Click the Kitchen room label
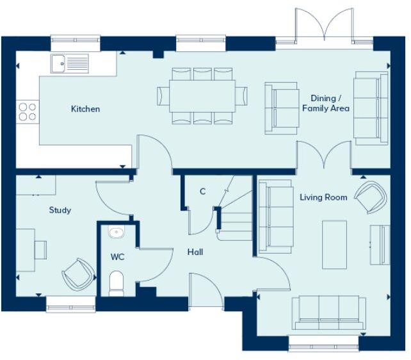(x=85, y=109)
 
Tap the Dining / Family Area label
(x=326, y=103)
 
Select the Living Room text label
(x=323, y=197)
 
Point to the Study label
(x=60, y=210)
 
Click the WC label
(x=117, y=258)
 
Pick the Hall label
(x=195, y=252)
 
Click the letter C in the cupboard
(x=202, y=192)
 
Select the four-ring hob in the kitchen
(x=27, y=111)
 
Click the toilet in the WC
(x=117, y=282)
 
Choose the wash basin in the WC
(x=117, y=233)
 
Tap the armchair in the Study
(x=78, y=274)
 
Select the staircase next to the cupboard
(x=235, y=215)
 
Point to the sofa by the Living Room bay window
(x=329, y=312)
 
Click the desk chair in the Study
(x=40, y=249)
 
